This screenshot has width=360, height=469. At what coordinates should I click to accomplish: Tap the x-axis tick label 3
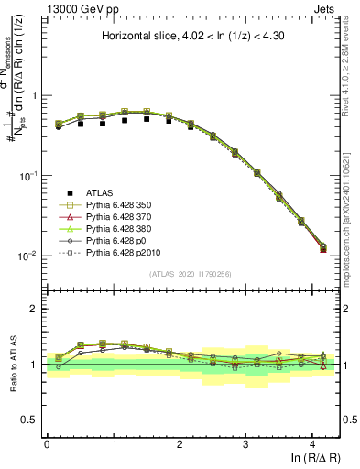point(245,443)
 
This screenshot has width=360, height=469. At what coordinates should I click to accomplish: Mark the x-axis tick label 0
point(47,443)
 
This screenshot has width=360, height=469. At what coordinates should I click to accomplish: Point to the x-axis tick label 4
point(312,443)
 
